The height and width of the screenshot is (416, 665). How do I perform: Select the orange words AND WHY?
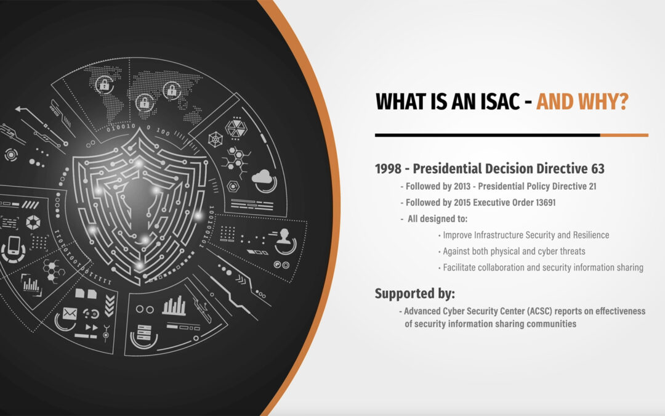pos(582,102)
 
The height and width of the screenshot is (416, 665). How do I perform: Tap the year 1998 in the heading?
pos(388,168)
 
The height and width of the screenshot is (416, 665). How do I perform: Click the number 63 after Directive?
pos(597,168)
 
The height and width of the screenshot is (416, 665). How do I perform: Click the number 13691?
pos(546,203)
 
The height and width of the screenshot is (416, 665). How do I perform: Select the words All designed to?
pos(437,219)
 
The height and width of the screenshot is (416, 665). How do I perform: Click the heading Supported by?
pos(415,294)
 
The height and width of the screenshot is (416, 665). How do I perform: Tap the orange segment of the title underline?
pos(624,136)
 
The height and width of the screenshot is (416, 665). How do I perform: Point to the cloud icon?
pos(262,177)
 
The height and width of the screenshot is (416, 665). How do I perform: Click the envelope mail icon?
pos(70,314)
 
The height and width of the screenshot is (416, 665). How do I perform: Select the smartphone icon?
pos(14,245)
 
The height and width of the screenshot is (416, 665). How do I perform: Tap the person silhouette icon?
pos(284,237)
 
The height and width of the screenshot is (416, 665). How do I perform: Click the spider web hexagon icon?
pos(216,139)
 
